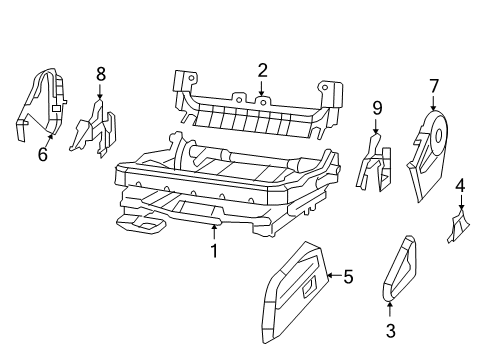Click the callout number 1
213,251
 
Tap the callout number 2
262,70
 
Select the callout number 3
390,330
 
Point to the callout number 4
460,185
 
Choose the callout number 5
348,277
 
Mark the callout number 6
42,155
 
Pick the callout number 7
434,86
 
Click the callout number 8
100,73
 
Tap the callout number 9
376,107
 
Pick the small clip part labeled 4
458,228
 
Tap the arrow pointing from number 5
334,277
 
